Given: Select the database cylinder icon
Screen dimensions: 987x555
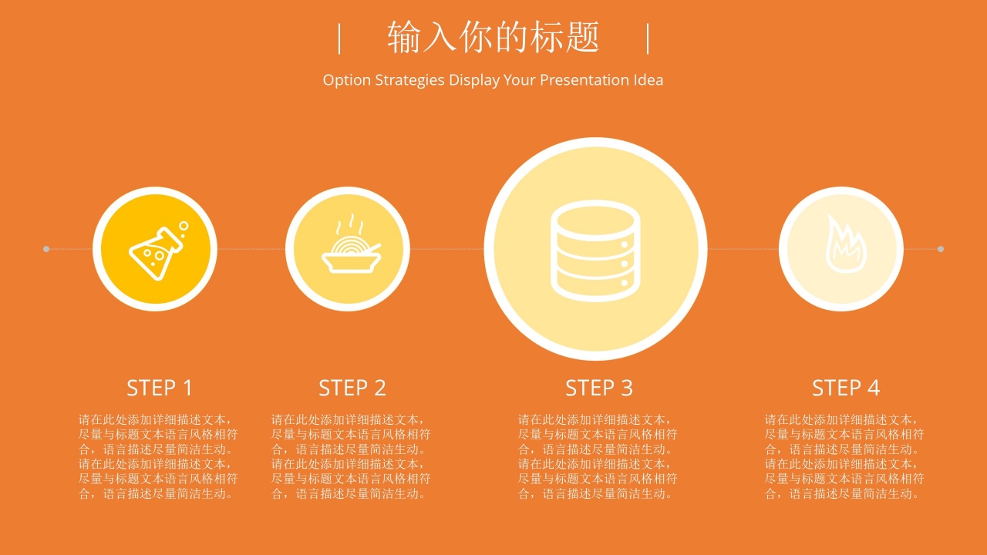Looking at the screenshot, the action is pos(596,251).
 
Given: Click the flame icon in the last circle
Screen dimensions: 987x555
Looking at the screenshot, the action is pos(846,244).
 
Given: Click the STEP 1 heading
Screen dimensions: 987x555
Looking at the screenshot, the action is pos(160,388).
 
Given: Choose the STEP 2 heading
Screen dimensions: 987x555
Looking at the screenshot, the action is pos(352,388).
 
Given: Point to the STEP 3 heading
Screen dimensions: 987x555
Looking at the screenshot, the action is pos(599,388).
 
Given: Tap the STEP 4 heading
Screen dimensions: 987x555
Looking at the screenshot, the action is pos(846,388).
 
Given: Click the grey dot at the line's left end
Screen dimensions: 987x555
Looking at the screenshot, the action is pos(46,249).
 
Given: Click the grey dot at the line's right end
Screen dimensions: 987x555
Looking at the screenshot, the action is pos(940,249).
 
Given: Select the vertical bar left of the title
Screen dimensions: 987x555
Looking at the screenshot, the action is pos(339,39).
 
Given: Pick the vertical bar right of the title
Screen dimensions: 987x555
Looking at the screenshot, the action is pos(648,39).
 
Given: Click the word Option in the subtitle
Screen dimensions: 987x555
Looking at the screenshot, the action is pos(347,80).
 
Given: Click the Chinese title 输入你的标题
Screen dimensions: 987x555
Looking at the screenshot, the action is pos(493,38).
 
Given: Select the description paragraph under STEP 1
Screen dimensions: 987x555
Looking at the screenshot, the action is pos(158,456).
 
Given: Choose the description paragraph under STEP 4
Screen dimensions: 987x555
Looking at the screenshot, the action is pos(844,456).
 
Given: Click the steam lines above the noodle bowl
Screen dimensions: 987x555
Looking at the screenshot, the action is pos(350,224).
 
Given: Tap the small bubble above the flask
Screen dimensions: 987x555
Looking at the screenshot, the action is pos(184,226).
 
